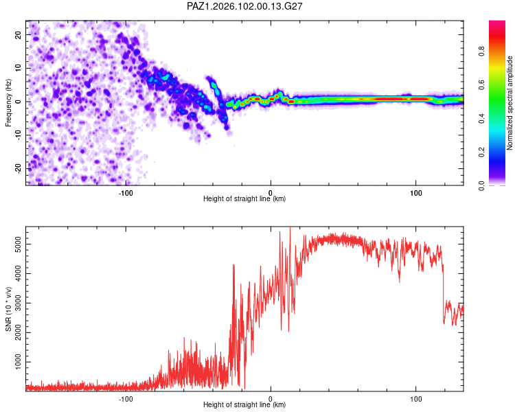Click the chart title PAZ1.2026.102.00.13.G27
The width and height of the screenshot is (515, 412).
pos(244,6)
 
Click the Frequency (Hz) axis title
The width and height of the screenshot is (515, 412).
pos(8,103)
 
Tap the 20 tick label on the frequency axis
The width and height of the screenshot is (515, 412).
pos(18,35)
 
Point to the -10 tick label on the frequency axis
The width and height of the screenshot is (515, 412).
pos(18,135)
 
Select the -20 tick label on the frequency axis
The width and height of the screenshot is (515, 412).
pos(18,168)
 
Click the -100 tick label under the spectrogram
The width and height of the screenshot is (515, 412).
pos(126,193)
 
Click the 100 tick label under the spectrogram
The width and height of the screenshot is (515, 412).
pos(416,193)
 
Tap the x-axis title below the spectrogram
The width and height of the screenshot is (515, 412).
pos(244,198)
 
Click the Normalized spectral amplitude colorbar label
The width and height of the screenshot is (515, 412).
pos(510,103)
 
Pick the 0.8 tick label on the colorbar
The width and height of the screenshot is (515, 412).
pos(481,51)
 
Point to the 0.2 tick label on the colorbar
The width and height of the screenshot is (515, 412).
pos(481,152)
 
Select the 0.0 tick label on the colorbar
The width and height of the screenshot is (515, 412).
pos(481,185)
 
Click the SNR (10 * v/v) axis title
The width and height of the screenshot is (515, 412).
pos(8,309)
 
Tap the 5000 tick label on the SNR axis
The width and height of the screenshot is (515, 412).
pos(18,244)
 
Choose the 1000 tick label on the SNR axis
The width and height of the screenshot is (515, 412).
pos(18,362)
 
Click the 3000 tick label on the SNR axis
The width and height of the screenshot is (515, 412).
pos(18,303)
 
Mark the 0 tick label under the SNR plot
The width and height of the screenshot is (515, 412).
pos(271,399)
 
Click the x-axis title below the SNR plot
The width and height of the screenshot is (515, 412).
pos(244,404)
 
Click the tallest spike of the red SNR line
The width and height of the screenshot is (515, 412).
pos(290,228)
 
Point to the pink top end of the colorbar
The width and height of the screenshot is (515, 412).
pos(497,21)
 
